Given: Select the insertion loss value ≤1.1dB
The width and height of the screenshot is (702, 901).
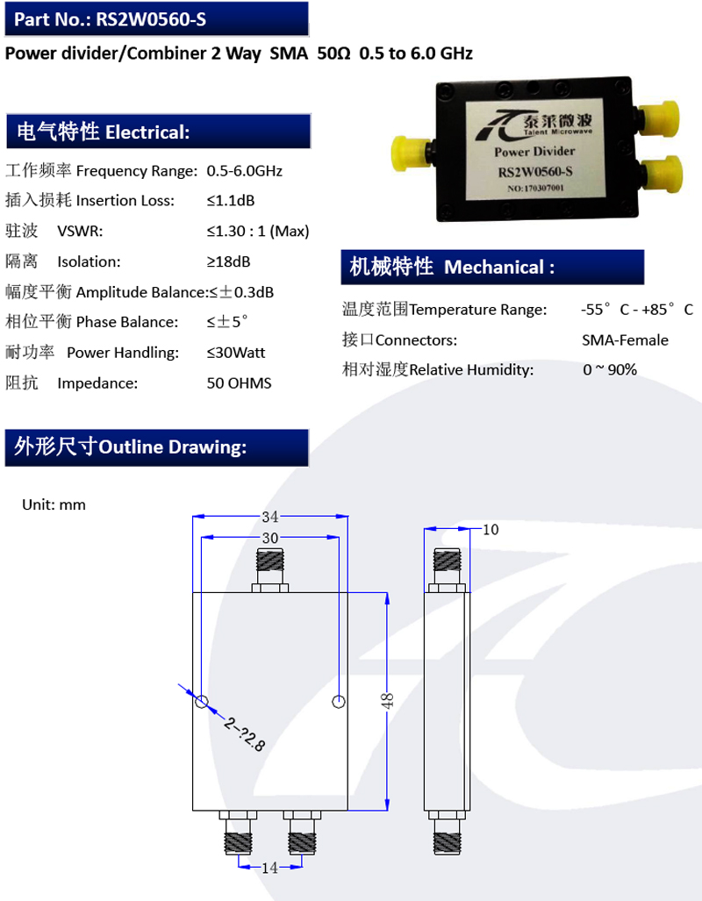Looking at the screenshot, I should pos(231,200).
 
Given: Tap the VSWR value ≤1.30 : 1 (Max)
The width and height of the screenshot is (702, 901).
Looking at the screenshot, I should pos(258,231).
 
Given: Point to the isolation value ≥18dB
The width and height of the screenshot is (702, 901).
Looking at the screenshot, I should pos(228,261).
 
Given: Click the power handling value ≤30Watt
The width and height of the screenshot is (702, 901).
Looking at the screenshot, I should pos(236,353).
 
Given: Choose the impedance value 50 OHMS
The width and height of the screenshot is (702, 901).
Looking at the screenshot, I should pos(239,383).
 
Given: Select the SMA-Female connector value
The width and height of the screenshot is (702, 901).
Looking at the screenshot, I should pos(625,340).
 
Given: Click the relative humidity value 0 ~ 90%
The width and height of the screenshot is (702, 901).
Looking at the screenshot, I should pos(610,369).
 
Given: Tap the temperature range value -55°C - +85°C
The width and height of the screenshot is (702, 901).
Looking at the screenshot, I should pos(636,310).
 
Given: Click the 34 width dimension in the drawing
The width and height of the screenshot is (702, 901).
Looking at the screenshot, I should pos(270,516).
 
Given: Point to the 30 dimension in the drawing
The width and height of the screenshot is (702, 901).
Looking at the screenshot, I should pos(270,538).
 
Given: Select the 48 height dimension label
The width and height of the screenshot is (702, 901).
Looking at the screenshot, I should pos(388,700).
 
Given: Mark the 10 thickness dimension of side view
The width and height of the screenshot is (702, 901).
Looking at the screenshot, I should pos(491,529).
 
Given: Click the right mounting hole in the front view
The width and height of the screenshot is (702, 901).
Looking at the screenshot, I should pos(339,701).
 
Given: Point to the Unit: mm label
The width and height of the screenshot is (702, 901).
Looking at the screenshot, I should pos(54,504).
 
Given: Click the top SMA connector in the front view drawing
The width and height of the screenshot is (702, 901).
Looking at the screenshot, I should pos(270,567).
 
